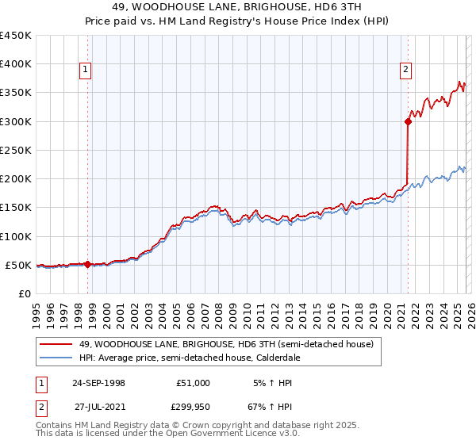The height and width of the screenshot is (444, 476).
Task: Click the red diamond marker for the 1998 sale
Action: click(87, 265)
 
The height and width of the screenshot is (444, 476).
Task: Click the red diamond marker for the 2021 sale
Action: click(408, 121)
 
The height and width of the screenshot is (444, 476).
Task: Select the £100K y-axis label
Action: click(16, 236)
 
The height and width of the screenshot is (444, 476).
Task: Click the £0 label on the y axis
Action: click(24, 293)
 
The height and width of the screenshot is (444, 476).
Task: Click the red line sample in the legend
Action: click(56, 344)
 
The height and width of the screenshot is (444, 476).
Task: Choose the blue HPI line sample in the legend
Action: click(56, 358)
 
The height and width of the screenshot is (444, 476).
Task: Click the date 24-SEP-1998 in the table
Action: click(98, 383)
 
